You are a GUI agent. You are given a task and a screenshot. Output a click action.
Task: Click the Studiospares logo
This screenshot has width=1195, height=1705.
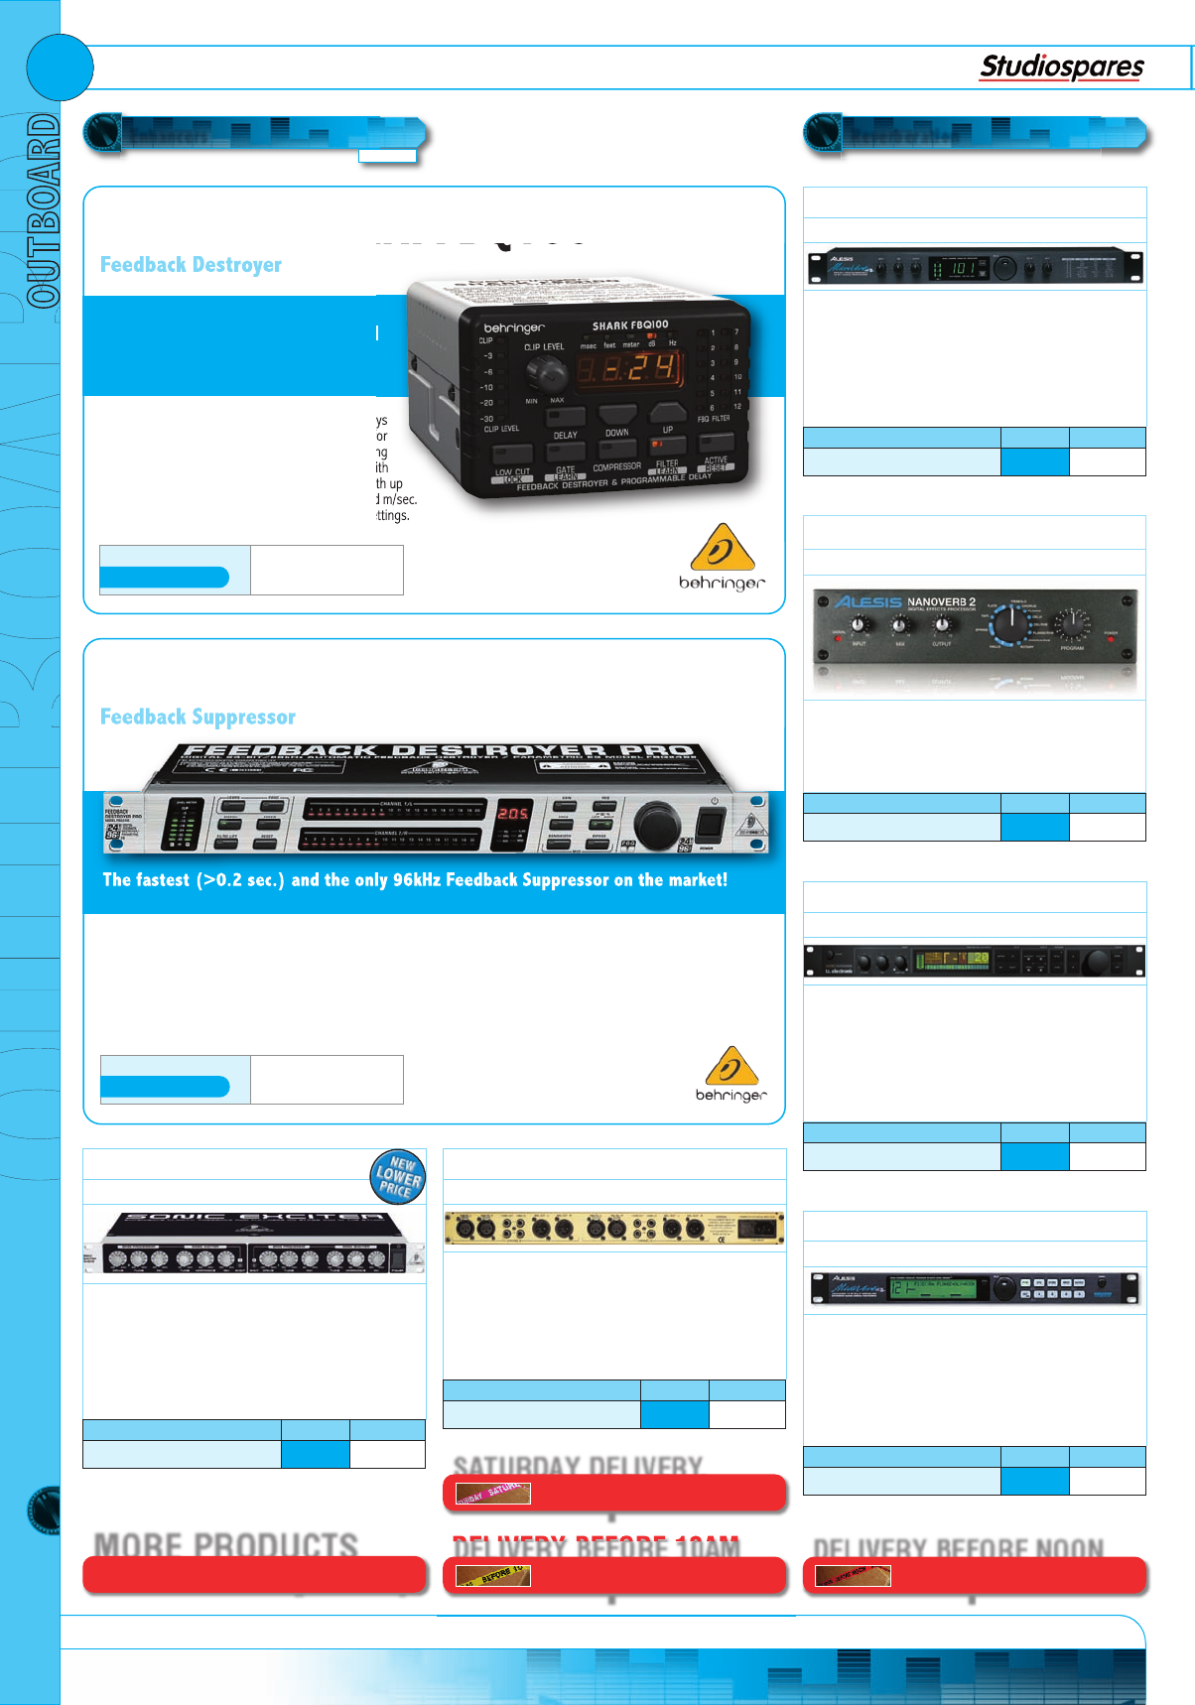[1061, 67]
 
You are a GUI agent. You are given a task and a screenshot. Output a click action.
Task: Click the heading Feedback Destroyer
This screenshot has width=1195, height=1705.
[191, 265]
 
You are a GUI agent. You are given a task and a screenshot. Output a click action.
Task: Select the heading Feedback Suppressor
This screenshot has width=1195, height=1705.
[198, 717]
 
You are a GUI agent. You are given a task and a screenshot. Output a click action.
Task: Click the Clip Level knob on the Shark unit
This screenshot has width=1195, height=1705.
[545, 373]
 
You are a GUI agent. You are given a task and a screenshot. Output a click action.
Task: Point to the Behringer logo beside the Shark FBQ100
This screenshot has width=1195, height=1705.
[722, 558]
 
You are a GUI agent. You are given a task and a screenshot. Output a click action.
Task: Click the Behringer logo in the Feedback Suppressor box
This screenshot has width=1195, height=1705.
[730, 1074]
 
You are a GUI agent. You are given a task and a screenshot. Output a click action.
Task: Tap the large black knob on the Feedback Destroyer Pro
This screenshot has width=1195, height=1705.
[656, 826]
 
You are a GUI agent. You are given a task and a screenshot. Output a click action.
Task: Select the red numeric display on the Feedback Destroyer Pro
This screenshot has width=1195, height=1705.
[513, 814]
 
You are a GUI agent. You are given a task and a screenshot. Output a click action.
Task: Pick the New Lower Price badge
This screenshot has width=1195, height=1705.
[398, 1176]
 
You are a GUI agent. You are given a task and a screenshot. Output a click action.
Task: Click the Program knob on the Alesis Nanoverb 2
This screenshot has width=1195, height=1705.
[1072, 624]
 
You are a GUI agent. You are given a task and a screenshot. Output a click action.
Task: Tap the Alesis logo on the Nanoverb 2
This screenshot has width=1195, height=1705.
[867, 601]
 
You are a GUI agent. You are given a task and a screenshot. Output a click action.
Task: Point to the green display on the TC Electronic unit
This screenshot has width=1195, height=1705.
[952, 960]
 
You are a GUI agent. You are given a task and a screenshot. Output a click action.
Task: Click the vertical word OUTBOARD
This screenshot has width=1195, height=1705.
[42, 209]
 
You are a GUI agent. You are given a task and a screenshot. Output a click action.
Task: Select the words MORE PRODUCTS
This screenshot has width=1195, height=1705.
[226, 1544]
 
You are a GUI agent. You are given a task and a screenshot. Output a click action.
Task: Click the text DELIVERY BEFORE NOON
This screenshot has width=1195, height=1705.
[958, 1548]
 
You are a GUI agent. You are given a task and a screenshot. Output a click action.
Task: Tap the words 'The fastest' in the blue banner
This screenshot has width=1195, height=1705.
[146, 880]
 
